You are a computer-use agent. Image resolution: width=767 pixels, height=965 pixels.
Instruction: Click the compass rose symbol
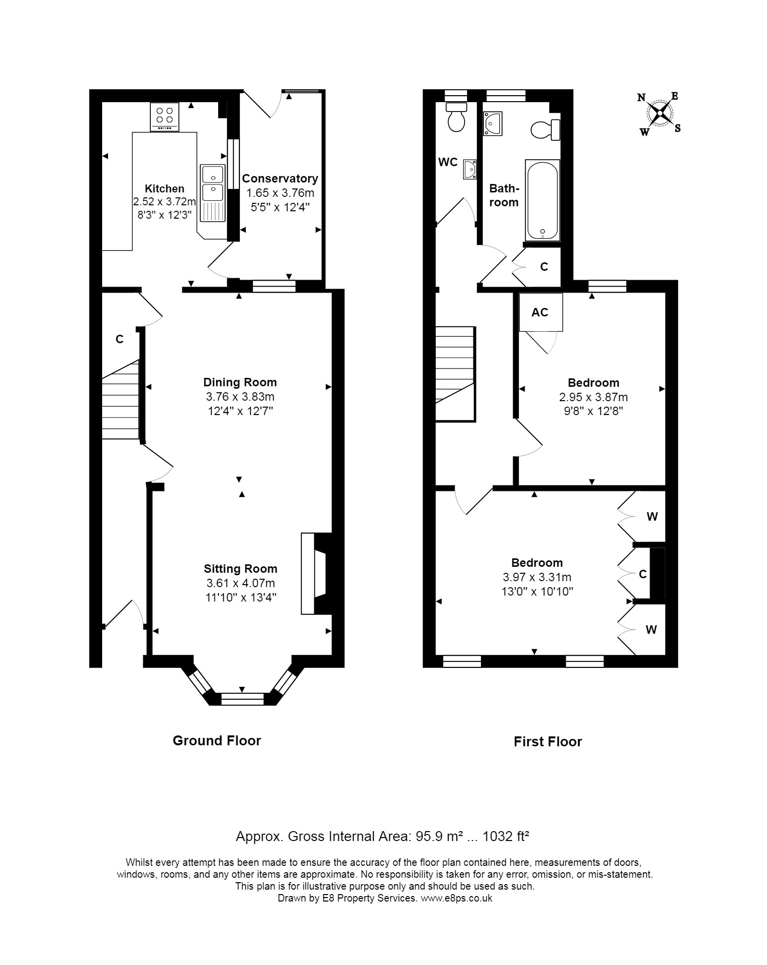coord(660,114)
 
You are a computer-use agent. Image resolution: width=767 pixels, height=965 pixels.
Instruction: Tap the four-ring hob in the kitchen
coord(165,117)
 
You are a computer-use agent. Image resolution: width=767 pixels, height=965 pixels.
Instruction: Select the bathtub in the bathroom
coord(542,200)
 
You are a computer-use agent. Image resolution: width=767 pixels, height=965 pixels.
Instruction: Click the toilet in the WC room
coord(456,117)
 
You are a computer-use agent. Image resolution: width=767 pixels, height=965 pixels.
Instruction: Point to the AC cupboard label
coord(540,312)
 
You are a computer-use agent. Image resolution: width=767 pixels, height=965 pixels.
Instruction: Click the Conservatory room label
coord(280,179)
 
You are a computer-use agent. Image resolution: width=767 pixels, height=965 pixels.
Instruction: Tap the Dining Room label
coord(240,382)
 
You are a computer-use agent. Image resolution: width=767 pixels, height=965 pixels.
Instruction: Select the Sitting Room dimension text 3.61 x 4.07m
coord(240,583)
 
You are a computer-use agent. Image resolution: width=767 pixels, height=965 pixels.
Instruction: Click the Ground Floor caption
coord(217,740)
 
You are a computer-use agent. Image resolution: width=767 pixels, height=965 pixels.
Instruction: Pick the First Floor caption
coord(548,741)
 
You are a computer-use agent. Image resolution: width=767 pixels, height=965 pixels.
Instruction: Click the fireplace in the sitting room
coord(316,574)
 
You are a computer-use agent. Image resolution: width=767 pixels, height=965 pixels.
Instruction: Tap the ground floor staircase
coord(120,399)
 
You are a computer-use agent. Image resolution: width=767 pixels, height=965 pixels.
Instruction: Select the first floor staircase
coord(456,373)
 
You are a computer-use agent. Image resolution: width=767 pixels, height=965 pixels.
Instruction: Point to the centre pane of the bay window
coord(242,699)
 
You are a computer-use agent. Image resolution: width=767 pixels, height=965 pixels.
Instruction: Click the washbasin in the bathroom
coord(493,123)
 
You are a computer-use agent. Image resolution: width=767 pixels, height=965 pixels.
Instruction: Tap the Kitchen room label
coord(165,188)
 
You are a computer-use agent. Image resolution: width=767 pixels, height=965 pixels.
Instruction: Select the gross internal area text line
coord(383,837)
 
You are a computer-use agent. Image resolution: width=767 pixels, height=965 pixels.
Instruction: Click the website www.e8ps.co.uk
coord(456,898)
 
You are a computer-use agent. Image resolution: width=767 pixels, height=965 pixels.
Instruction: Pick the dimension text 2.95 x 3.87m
coord(593,397)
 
